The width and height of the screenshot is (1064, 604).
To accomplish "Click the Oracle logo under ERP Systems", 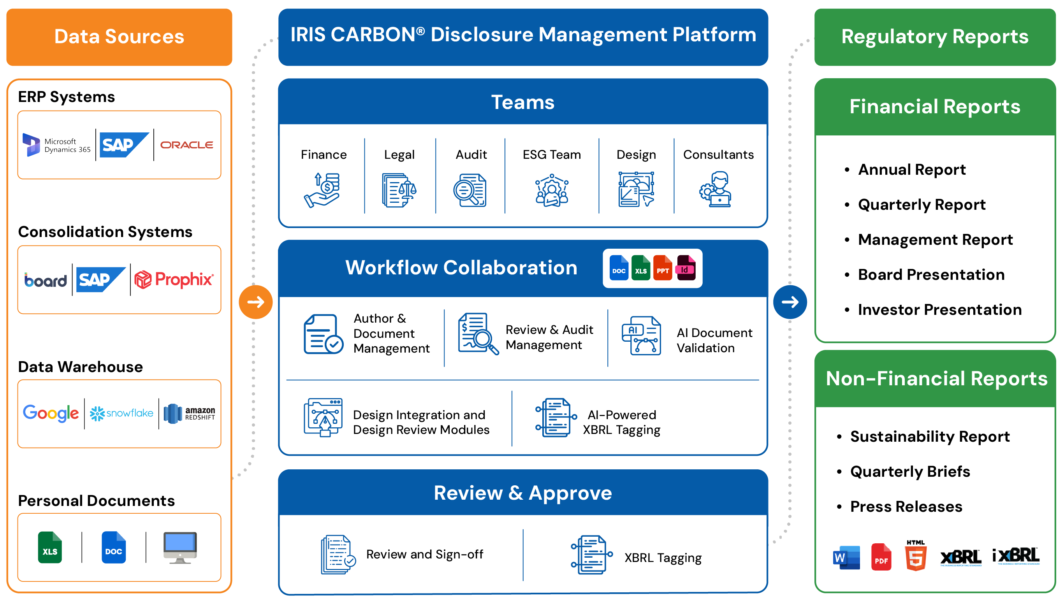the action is click(187, 145).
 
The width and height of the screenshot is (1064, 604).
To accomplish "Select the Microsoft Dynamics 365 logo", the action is click(56, 145).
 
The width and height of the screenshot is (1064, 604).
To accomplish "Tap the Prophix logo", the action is click(174, 279).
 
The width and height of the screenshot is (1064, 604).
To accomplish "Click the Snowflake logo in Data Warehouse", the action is click(121, 413).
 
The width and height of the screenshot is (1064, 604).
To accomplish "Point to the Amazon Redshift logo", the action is click(189, 414).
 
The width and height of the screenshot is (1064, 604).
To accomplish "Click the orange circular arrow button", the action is click(256, 302).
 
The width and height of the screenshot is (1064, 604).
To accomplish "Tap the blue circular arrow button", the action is click(790, 302).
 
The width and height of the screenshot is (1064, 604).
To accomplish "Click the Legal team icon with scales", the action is click(399, 190).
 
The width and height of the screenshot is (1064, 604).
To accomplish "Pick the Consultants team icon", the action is click(716, 189).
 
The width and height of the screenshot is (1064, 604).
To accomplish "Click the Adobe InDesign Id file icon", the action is click(686, 268).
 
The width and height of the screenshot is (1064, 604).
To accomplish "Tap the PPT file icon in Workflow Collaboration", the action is click(663, 268).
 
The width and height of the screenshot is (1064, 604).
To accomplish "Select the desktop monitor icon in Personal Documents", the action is click(180, 548).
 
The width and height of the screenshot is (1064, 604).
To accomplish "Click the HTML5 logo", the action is click(916, 555).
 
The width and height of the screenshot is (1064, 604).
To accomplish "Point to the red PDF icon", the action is click(881, 557).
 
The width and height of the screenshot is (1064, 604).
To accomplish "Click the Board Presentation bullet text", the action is click(931, 275).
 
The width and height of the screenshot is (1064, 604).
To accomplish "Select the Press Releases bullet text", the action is click(906, 507).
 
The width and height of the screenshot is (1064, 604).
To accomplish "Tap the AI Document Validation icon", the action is click(641, 335).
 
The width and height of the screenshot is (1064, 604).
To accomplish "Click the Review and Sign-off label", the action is click(424, 554).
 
